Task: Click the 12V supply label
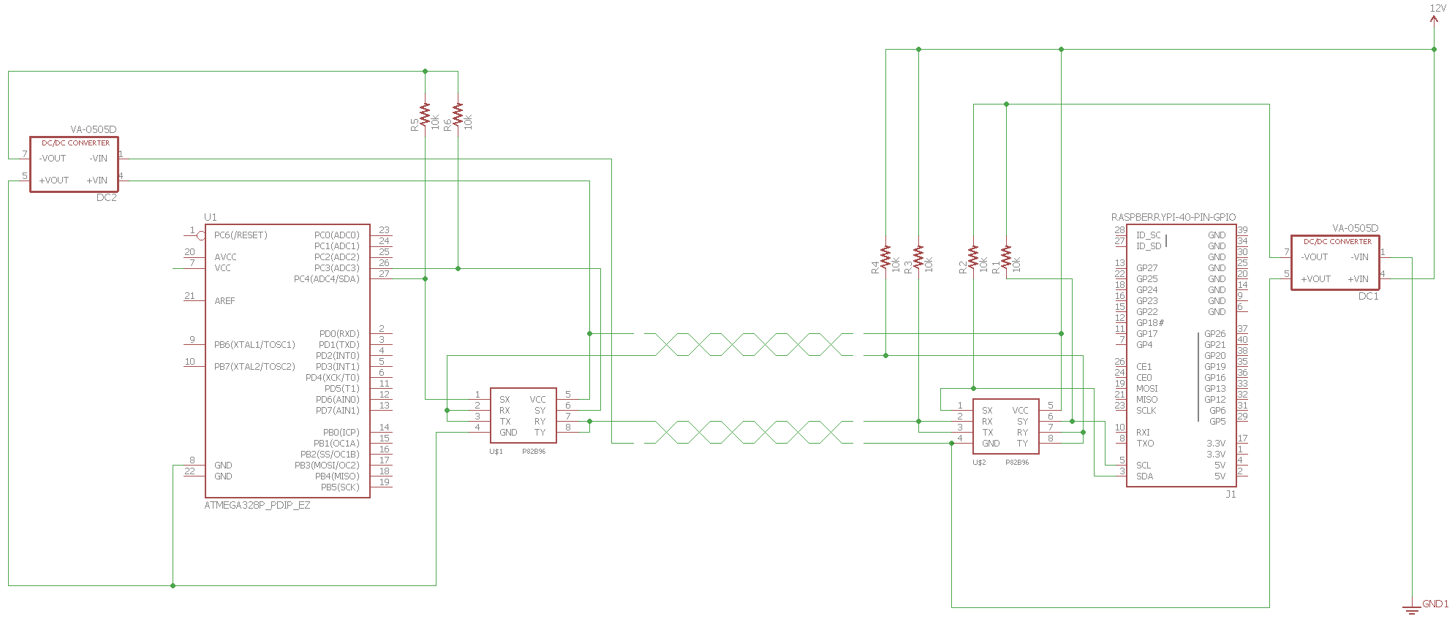1437,8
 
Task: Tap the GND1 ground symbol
1412,608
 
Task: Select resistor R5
425,115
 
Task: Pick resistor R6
458,115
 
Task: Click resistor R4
885,257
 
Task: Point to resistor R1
1006,257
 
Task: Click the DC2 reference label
107,197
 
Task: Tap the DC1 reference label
1369,296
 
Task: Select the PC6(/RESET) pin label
241,235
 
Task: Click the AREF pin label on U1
225,301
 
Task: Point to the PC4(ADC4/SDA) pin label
327,279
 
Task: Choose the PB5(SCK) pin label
340,487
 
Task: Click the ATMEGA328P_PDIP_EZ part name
257,505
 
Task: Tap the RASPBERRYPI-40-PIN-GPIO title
1174,217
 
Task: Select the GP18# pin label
1150,323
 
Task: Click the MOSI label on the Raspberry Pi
1147,389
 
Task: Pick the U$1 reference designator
496,452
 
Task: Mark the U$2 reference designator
980,463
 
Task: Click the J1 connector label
1231,494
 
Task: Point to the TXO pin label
1145,444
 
